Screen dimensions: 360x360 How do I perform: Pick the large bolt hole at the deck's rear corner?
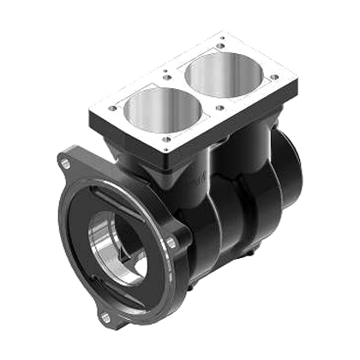click(222, 38)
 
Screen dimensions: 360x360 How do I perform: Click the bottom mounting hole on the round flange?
click(105, 317)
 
